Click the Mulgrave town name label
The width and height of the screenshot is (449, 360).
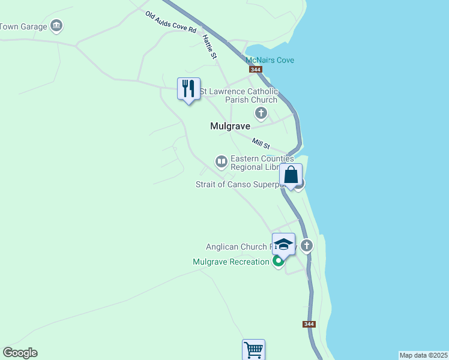(230, 127)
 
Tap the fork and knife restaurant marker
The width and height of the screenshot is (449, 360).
(188, 89)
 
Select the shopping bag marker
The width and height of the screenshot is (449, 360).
(291, 176)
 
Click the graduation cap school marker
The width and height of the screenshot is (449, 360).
(283, 244)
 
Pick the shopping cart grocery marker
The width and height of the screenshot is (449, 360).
(253, 349)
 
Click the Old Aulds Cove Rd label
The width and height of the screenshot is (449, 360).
(170, 22)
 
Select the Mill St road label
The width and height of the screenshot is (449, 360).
(261, 144)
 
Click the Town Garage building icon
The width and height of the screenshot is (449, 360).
(57, 26)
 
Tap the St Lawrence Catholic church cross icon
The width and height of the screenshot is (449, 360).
(261, 112)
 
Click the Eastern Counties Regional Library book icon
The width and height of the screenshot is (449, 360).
(221, 161)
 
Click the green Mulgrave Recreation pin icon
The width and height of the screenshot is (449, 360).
(278, 262)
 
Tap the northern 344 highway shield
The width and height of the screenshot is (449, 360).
(256, 70)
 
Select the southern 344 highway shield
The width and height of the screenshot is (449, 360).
(309, 324)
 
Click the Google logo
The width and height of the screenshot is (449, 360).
(20, 353)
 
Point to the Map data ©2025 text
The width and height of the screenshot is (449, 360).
(423, 355)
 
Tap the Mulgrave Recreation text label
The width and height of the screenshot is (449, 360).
(231, 262)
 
